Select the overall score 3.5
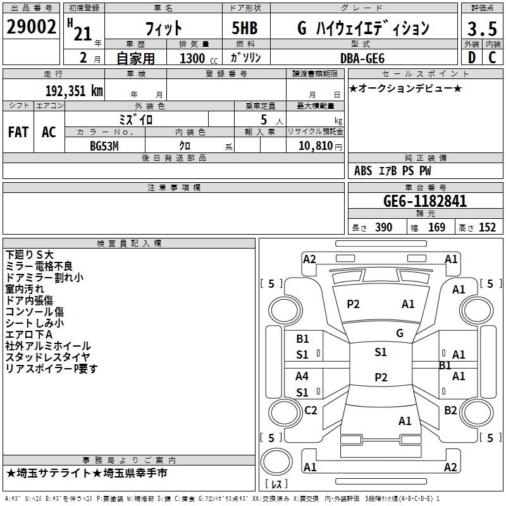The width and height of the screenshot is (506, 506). (x=481, y=29)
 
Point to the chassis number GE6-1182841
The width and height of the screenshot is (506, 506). (x=425, y=202)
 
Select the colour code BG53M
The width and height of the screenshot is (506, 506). (x=104, y=145)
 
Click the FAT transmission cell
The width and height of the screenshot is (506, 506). (x=18, y=132)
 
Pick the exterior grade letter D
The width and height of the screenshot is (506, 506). (x=471, y=58)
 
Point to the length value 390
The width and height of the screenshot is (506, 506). (x=383, y=228)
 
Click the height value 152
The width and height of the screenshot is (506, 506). (x=487, y=228)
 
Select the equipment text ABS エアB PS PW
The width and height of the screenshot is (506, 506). (x=393, y=171)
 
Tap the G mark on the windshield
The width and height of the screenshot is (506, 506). (x=399, y=333)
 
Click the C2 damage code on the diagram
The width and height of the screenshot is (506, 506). (x=311, y=410)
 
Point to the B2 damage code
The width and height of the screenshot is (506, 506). (x=450, y=410)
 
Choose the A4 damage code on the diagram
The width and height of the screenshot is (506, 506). (x=302, y=376)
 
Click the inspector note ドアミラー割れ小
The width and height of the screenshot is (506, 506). (x=44, y=277)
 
